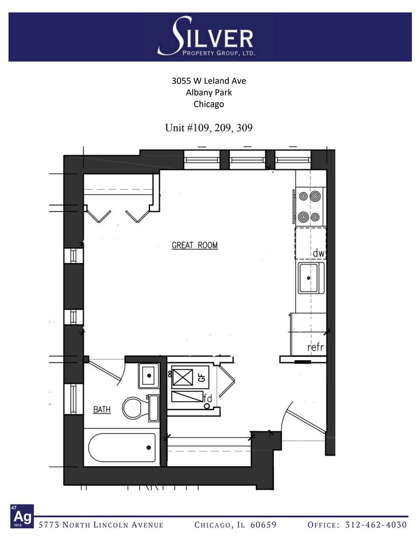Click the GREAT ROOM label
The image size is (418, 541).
[195, 245]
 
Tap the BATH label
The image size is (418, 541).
[102, 410]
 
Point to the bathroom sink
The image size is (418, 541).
[149, 376]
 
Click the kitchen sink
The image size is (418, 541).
[311, 278]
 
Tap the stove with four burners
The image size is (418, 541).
[309, 206]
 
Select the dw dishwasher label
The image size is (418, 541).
[319, 253]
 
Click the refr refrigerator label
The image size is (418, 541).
[315, 347]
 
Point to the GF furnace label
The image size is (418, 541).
[202, 378]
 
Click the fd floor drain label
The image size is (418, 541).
[208, 399]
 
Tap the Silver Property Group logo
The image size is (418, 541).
[206, 37]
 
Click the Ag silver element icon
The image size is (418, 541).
[22, 516]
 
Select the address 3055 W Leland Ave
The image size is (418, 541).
[209, 81]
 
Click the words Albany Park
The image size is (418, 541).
[209, 93]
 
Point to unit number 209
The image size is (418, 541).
[223, 128]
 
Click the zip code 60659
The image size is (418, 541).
[263, 525]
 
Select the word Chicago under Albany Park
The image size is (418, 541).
[209, 104]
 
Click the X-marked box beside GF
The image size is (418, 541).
[182, 377]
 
